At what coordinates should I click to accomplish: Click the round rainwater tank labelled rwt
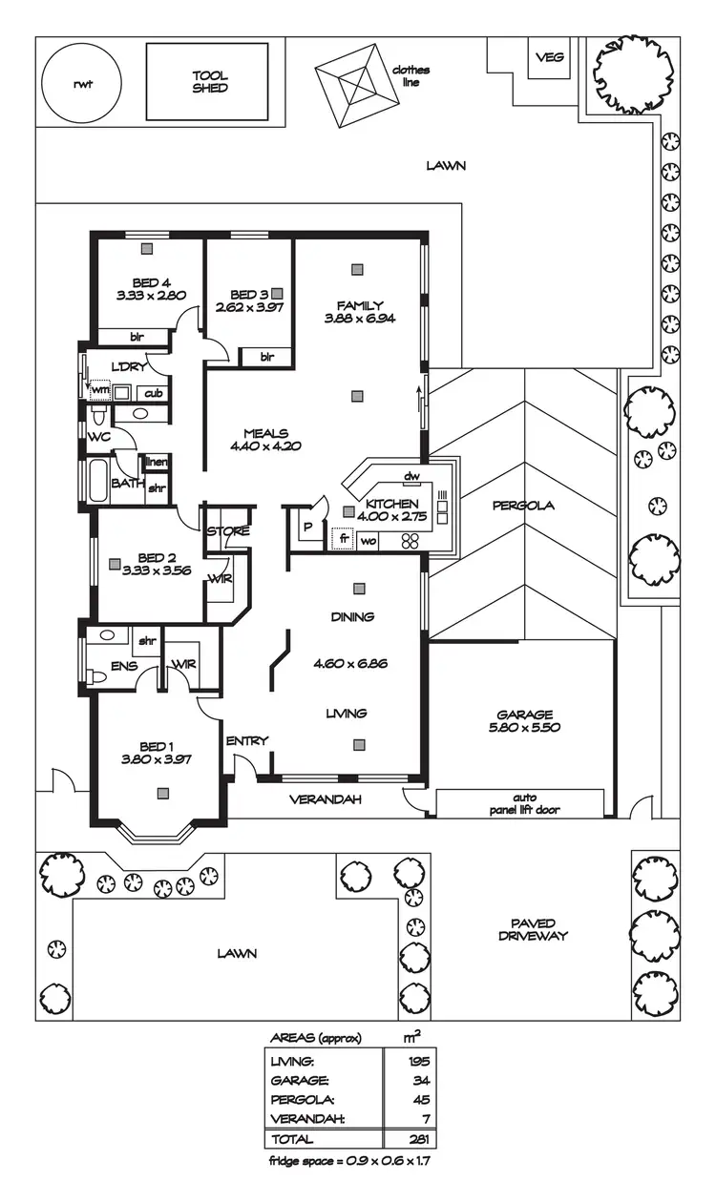point(84,83)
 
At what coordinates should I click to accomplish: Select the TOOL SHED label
point(210,82)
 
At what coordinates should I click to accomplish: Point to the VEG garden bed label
point(549,57)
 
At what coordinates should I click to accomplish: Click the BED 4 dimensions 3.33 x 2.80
point(150,296)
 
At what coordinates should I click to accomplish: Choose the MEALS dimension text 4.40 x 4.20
point(266,446)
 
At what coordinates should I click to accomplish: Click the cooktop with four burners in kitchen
point(410,541)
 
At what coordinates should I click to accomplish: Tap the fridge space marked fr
point(343,540)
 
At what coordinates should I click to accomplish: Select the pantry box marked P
point(307,527)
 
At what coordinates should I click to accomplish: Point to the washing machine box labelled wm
point(99,391)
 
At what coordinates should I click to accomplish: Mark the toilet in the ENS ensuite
point(96,676)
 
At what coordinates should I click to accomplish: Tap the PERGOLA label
point(523,505)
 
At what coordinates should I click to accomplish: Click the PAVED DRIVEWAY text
point(532,929)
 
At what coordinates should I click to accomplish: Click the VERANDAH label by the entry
point(326,799)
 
